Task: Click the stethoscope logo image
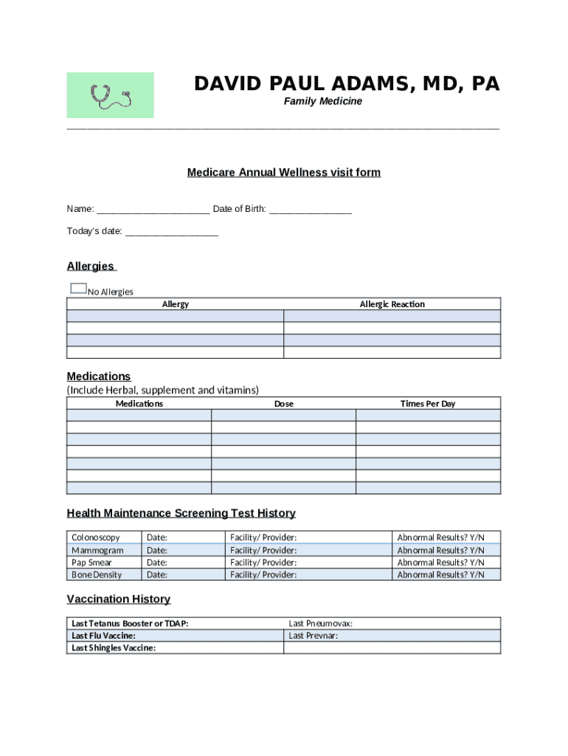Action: (110, 95)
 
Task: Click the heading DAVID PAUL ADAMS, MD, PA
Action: (347, 84)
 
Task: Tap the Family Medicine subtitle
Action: (323, 101)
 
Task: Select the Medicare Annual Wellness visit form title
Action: (284, 173)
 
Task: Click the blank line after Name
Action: (153, 210)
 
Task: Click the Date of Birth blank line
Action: (311, 210)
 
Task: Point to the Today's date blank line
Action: (172, 232)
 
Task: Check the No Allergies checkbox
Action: (78, 289)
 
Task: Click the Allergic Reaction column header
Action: (392, 304)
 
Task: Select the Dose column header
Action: (283, 404)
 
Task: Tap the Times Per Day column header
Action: (428, 404)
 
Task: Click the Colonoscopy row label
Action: (96, 537)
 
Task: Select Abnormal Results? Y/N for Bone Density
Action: (440, 575)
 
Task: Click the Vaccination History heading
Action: (119, 599)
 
